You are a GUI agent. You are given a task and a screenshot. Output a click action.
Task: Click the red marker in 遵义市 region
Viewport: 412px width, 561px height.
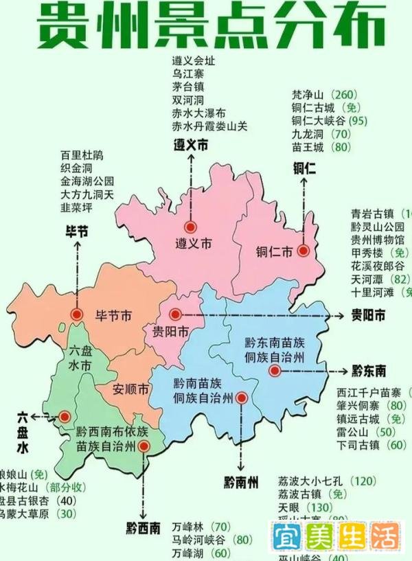pyautogui.click(x=190, y=227)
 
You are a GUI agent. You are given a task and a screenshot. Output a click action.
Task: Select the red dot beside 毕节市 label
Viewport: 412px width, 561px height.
pyautogui.click(x=76, y=314)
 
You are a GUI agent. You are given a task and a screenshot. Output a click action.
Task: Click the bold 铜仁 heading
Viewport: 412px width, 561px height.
pyautogui.click(x=304, y=167)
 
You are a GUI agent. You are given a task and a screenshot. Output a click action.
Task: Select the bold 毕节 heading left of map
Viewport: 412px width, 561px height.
pyautogui.click(x=76, y=231)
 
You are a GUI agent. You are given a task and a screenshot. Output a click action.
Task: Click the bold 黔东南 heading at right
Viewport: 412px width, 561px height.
pyautogui.click(x=368, y=371)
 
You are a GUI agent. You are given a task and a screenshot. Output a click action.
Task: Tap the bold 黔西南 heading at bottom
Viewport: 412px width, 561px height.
pyautogui.click(x=144, y=529)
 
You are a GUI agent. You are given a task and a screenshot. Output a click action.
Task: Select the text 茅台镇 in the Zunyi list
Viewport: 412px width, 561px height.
pyautogui.click(x=187, y=87)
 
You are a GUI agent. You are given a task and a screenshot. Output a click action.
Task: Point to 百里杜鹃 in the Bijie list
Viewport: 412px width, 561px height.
pyautogui.click(x=82, y=155)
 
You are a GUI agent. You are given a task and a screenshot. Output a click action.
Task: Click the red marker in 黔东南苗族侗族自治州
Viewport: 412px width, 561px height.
pyautogui.click(x=275, y=370)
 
